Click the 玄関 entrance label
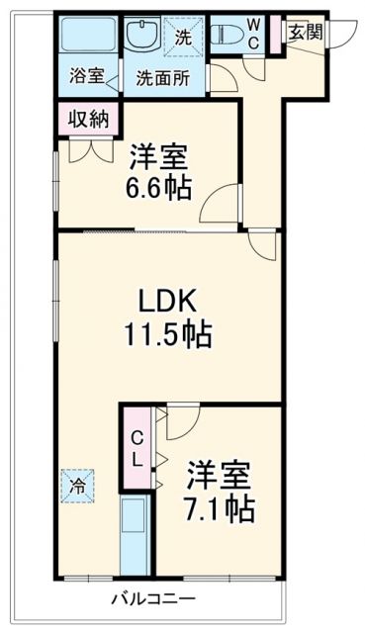point(306,31)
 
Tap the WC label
point(254,35)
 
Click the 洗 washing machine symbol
point(183,37)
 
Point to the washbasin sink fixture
point(139,38)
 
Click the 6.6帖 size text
point(159,187)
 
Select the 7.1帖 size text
point(220,508)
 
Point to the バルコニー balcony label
point(152,598)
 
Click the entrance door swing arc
point(343,38)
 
